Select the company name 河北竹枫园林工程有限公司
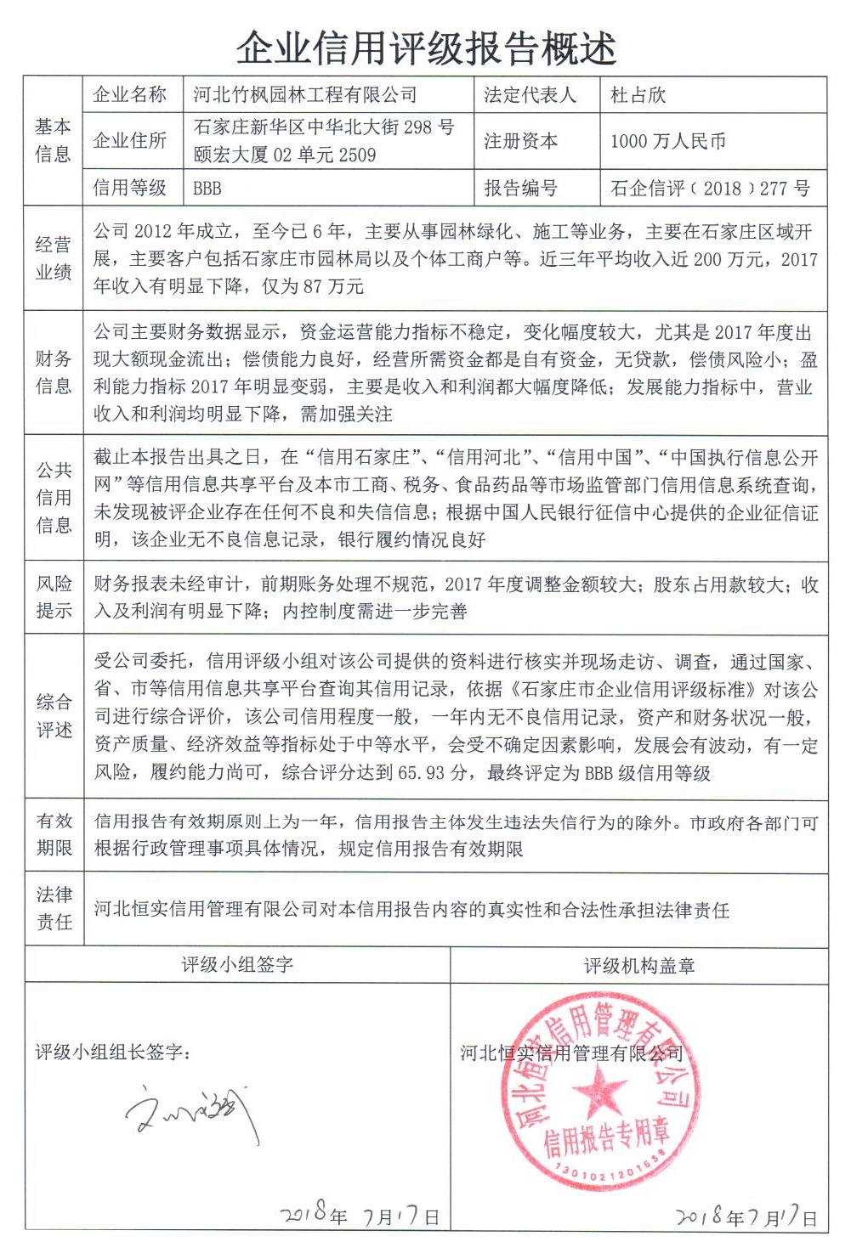(x=305, y=95)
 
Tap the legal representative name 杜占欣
(x=638, y=95)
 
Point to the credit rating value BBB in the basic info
(x=207, y=189)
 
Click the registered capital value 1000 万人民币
(x=667, y=141)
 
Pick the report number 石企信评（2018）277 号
(x=710, y=189)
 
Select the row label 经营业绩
(x=53, y=258)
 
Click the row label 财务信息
(x=53, y=372)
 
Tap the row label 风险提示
(x=53, y=597)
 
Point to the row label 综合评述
(x=53, y=716)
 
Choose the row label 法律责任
(x=53, y=908)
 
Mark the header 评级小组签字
(x=237, y=965)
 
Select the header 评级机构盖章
(x=638, y=966)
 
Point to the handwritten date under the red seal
(x=746, y=1216)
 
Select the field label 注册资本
(x=520, y=141)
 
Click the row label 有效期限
(x=53, y=834)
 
